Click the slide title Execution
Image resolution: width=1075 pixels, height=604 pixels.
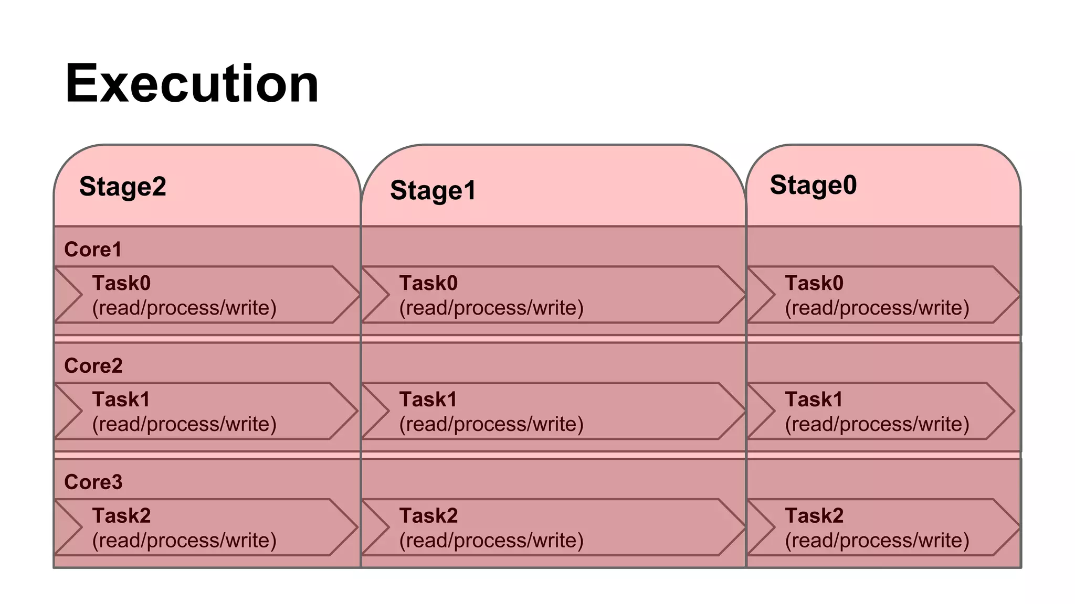(192, 84)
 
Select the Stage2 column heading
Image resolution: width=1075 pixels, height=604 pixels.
(122, 187)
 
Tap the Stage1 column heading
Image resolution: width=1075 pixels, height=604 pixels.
(433, 190)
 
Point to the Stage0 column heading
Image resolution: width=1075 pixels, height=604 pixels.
(813, 185)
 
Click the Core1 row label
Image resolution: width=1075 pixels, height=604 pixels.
(92, 250)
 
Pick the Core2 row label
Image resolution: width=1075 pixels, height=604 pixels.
(93, 366)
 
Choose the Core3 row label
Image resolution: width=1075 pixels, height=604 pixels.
(93, 482)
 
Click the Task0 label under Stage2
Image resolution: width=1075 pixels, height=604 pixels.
(121, 283)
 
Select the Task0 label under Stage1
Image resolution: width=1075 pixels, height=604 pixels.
(428, 283)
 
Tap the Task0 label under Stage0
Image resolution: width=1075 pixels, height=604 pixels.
(814, 283)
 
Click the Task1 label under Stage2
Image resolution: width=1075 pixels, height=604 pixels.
(121, 400)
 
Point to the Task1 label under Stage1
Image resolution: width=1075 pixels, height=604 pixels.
(428, 400)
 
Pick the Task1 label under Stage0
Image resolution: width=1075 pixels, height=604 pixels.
(814, 400)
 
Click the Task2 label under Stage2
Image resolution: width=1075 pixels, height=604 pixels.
(121, 516)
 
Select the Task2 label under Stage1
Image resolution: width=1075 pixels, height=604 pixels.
(428, 516)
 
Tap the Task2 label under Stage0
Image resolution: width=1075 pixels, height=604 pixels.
(814, 516)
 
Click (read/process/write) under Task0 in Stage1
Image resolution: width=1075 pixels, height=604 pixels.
(491, 308)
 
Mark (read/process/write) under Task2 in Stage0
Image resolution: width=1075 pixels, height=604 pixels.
(877, 541)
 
